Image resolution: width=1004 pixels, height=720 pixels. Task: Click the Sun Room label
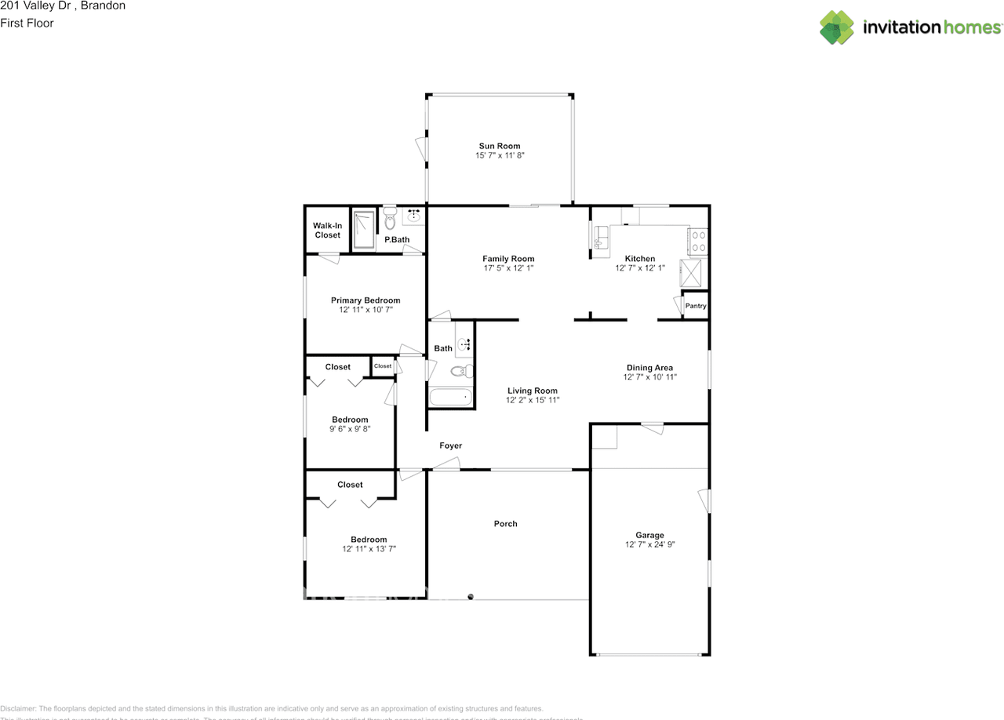(499, 146)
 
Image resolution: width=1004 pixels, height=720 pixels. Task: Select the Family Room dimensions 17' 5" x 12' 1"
(508, 269)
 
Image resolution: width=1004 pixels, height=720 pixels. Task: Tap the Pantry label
(696, 306)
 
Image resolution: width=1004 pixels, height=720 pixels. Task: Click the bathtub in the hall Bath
(451, 397)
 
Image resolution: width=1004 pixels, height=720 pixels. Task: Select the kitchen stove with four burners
(697, 241)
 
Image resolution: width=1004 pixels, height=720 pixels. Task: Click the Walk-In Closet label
(327, 231)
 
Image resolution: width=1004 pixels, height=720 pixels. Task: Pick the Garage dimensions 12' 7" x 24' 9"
(649, 545)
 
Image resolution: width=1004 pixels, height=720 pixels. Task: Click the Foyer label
(450, 445)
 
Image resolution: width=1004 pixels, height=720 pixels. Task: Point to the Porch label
(505, 524)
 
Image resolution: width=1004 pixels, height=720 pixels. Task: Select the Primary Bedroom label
(365, 300)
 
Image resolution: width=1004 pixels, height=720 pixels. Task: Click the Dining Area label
(649, 368)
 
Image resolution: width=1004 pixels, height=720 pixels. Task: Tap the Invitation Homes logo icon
(837, 27)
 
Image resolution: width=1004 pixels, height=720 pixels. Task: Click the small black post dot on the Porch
(471, 597)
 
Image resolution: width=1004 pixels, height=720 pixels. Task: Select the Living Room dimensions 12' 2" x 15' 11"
(532, 401)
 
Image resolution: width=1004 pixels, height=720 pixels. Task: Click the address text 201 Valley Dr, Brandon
(63, 5)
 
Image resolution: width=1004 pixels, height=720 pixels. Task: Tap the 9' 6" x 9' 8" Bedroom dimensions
(349, 430)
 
